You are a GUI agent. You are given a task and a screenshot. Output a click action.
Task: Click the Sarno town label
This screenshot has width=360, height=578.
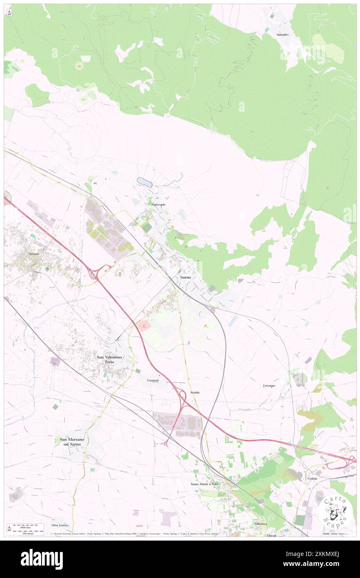(x=185, y=277)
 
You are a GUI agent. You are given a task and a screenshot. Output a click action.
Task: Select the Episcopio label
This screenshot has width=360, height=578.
(x=158, y=205)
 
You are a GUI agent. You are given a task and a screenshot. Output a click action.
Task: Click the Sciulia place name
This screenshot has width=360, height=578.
(x=195, y=393)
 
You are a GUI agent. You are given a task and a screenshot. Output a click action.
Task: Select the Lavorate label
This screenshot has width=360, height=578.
(x=269, y=385)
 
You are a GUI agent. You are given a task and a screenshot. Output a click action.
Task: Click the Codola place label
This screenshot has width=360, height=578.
(x=312, y=479)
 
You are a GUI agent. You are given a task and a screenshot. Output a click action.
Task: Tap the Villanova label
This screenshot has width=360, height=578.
(x=260, y=524)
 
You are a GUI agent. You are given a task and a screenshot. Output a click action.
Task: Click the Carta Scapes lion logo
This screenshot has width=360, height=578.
(x=335, y=511)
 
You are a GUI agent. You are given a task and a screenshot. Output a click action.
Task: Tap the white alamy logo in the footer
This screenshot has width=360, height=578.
(x=42, y=559)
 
